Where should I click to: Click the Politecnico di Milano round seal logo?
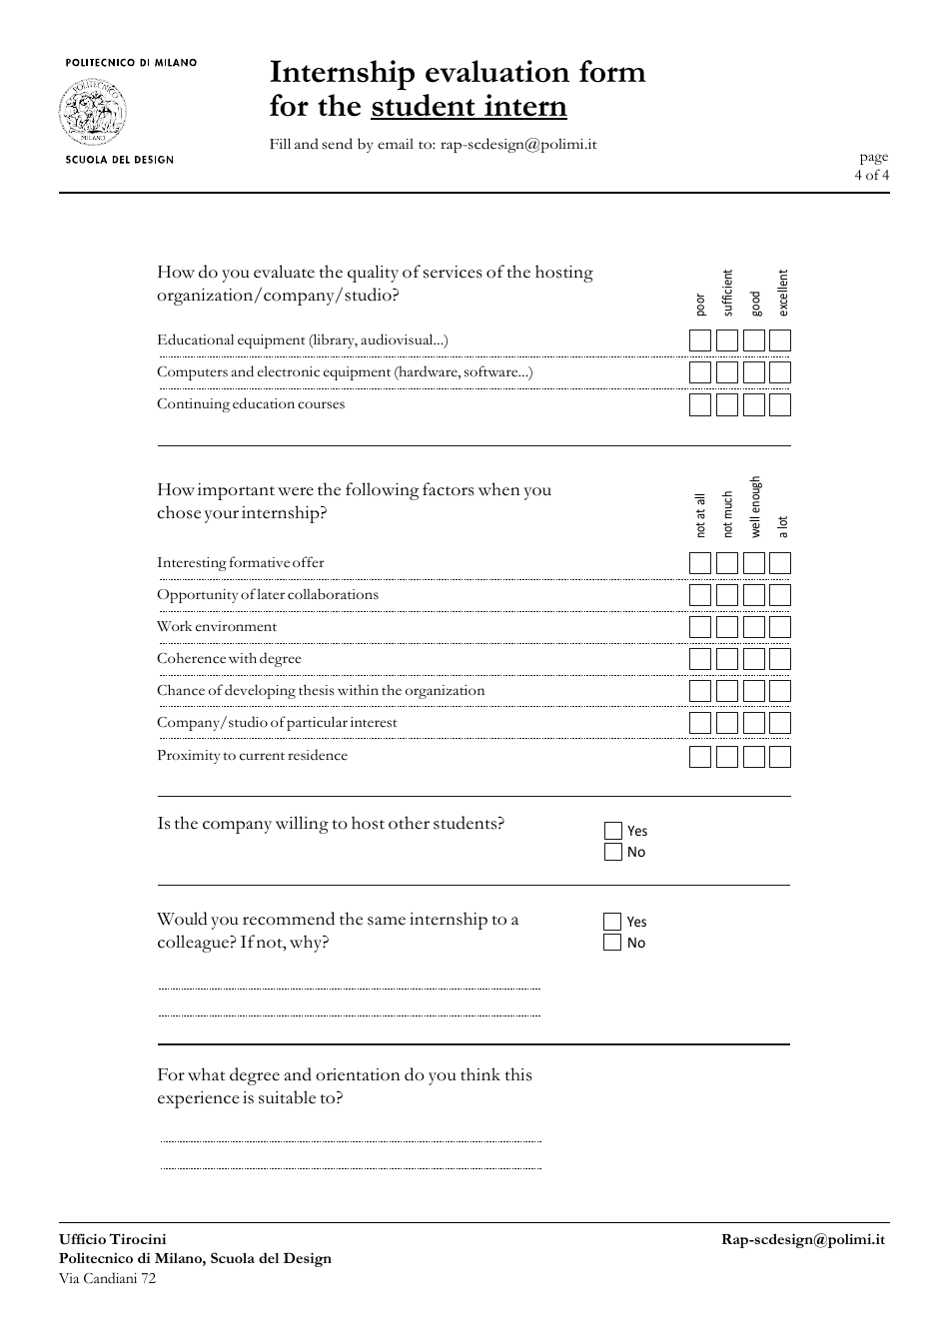(93, 112)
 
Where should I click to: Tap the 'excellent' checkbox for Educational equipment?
(780, 340)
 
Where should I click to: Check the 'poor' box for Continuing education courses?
(700, 404)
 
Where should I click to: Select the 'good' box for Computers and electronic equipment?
(754, 372)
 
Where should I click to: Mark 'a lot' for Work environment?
(780, 627)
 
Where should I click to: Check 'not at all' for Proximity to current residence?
(700, 757)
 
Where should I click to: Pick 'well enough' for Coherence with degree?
(754, 659)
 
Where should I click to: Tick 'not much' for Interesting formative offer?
(727, 563)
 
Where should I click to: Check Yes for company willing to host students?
(613, 831)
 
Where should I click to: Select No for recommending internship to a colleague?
(613, 943)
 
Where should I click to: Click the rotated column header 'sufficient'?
(727, 293)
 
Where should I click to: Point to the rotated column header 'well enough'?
(755, 507)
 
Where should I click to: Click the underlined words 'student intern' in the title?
(469, 107)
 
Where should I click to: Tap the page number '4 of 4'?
(871, 175)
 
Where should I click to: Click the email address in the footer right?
(803, 1239)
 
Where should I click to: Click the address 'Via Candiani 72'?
(108, 1278)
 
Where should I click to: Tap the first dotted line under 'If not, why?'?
(350, 989)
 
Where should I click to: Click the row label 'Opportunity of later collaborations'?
(268, 594)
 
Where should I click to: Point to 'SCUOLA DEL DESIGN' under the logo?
(119, 160)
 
